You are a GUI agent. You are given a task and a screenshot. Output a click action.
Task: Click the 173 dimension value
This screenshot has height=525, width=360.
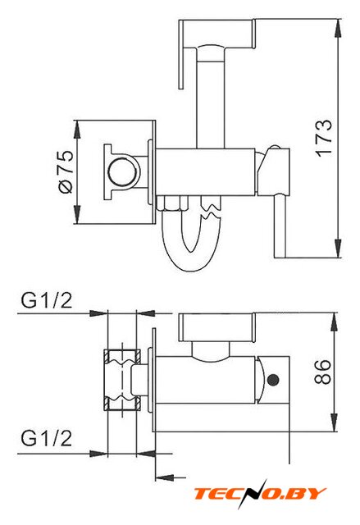[324, 137]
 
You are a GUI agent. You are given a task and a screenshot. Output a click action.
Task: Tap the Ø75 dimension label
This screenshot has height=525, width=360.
[66, 171]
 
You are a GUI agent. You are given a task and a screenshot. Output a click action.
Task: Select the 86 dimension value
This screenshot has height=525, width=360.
[322, 372]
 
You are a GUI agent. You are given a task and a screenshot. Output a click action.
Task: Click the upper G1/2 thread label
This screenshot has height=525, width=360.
[47, 300]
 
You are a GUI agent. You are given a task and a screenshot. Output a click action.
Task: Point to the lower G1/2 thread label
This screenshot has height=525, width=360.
[47, 438]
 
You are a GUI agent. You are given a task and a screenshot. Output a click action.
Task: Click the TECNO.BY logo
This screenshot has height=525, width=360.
[260, 494]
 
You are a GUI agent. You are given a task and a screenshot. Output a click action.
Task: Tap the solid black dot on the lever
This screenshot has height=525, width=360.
[273, 380]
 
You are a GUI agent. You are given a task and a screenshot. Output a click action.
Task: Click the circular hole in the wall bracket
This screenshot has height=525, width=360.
[122, 172]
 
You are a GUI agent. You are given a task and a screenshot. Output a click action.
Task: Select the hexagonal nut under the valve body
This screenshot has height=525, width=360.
[172, 203]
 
